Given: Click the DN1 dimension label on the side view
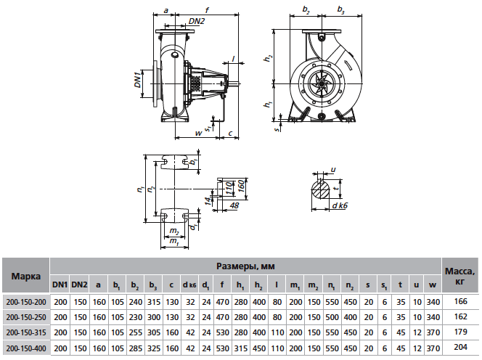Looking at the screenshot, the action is click(138, 78).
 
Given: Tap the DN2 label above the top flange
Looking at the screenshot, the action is click(197, 21).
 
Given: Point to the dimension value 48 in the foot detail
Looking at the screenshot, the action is click(234, 205).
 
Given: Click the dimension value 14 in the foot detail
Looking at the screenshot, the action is click(208, 201).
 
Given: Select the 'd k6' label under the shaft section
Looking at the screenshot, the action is click(340, 205).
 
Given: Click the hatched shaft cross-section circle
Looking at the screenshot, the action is click(321, 190).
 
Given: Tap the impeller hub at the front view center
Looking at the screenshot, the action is click(322, 83).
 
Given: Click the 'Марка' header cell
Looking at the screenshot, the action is click(26, 276).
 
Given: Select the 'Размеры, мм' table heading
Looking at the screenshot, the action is click(245, 266).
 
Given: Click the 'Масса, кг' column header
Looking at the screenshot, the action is click(460, 276).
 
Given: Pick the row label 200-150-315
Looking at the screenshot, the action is click(26, 332).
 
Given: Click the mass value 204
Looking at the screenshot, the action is click(460, 348).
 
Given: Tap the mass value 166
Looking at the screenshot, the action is click(460, 302).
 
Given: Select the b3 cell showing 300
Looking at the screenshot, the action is click(154, 317).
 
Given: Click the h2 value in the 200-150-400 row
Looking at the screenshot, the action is click(259, 348).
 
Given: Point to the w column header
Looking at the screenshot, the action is click(433, 285).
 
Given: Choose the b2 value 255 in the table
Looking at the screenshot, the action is click(136, 332).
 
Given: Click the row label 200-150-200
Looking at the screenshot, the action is click(26, 302).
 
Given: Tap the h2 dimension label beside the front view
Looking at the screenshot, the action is click(269, 58).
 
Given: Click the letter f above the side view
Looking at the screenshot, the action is click(207, 10).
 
